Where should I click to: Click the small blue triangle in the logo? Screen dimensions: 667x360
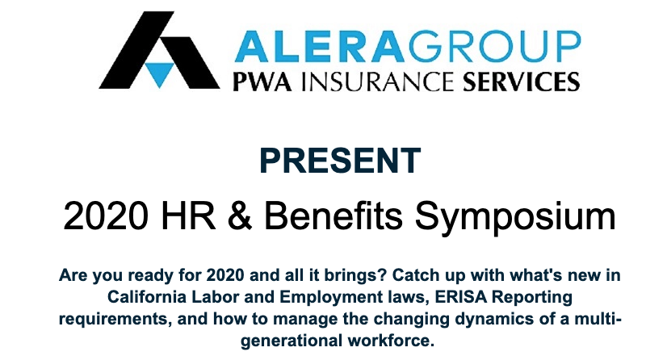[159, 73]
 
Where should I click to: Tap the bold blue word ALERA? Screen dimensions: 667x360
[319, 46]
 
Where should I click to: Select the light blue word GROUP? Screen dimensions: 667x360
[494, 46]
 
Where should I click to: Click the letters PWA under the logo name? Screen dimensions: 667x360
[262, 82]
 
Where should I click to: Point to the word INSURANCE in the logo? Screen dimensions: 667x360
[377, 82]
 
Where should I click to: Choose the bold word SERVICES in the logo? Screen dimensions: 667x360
[521, 82]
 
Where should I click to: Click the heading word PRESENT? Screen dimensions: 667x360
[340, 161]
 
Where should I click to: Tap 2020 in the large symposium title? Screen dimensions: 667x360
[106, 216]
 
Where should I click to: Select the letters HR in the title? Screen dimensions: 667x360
[188, 216]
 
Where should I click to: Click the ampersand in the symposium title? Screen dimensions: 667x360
[240, 216]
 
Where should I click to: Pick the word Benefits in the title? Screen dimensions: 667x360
[333, 216]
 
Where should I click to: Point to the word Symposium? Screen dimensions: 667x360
[515, 218]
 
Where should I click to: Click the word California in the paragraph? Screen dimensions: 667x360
[147, 297]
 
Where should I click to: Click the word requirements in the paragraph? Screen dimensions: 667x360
[115, 320]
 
